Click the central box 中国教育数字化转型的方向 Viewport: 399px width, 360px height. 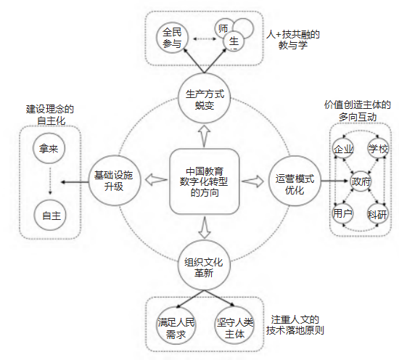pos(205,181)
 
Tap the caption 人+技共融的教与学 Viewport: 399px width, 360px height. pos(293,40)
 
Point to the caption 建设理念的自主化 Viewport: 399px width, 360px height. pos(50,115)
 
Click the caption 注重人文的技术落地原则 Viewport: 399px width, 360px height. pos(295,325)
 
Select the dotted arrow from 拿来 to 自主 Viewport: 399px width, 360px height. pos(50,181)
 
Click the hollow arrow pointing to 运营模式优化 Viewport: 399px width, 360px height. pos(253,181)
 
